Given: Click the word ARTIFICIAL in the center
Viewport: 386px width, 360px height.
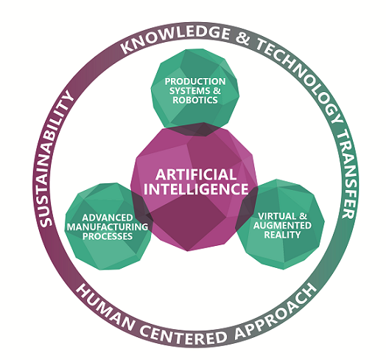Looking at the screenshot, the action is point(196,174).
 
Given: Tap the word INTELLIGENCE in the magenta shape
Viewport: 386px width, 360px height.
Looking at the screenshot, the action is point(196,189).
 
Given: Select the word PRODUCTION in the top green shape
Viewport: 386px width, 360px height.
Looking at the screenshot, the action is point(195,82).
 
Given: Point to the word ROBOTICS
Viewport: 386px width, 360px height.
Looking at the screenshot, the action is point(195,100).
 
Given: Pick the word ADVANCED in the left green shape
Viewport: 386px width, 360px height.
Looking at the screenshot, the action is point(108,218).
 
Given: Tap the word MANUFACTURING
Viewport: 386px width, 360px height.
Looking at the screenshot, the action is point(108,227).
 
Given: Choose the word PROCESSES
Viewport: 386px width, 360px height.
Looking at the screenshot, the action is point(108,236).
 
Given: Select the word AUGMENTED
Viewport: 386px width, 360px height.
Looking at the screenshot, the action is point(282,225).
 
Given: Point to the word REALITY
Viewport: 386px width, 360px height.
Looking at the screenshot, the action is point(282,235).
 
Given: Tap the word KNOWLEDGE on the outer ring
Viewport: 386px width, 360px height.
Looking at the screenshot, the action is point(175,37).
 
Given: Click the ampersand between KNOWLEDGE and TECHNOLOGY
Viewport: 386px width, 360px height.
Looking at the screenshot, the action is point(242,38).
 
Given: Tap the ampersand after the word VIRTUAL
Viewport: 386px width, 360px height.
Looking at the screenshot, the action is point(303,216).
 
